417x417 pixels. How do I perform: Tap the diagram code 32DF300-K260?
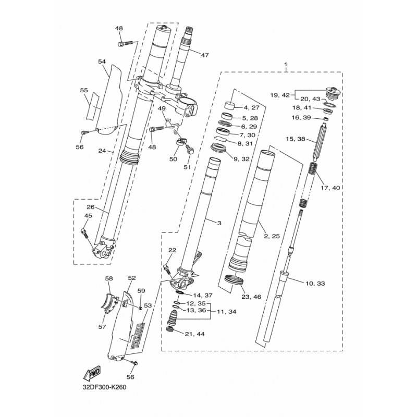[x=104, y=387]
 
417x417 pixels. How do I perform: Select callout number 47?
[x=205, y=55]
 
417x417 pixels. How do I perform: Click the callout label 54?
[x=102, y=62]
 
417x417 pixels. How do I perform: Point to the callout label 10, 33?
[x=315, y=284]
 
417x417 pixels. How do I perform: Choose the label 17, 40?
[x=330, y=188]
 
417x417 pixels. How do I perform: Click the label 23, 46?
[x=252, y=297]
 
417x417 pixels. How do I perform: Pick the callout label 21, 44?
[x=195, y=334]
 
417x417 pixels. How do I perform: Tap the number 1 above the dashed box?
[x=286, y=64]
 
